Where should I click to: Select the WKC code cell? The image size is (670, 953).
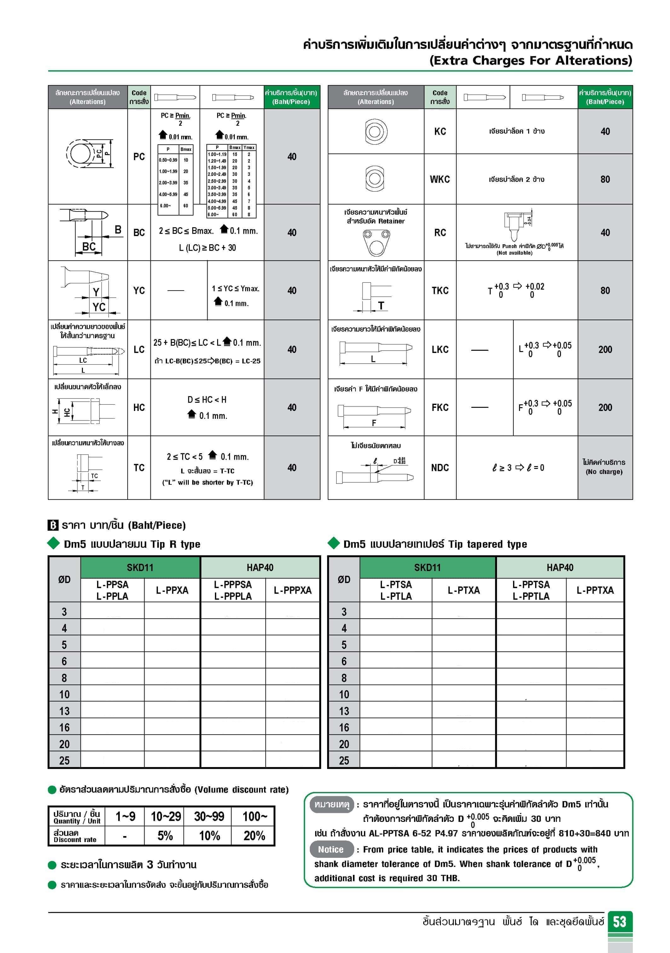(x=440, y=179)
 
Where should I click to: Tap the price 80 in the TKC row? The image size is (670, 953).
(x=605, y=291)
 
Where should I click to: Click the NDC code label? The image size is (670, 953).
(x=440, y=468)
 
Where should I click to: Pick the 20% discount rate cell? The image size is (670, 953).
(x=254, y=835)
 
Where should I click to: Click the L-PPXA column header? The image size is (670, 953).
(x=172, y=590)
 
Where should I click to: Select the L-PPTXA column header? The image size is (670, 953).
(x=594, y=590)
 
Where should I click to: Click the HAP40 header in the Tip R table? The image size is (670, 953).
(x=260, y=567)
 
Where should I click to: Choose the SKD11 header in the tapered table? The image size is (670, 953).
(x=427, y=567)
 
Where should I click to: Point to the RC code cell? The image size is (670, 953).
(x=440, y=233)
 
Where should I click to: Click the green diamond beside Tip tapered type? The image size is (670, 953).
(x=333, y=543)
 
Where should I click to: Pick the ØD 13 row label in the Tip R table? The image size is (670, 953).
(x=64, y=711)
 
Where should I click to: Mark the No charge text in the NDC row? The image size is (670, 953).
(x=604, y=472)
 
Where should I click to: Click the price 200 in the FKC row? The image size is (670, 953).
(x=605, y=407)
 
